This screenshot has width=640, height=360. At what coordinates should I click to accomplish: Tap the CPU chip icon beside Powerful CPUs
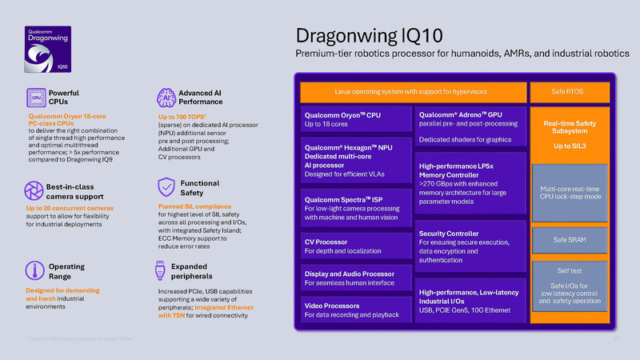pyautogui.click(x=37, y=98)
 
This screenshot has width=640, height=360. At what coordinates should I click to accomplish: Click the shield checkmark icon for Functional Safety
pyautogui.click(x=166, y=187)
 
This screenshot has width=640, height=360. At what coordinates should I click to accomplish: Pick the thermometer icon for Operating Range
pyautogui.click(x=37, y=270)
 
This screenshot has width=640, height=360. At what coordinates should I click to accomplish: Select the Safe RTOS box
pyautogui.click(x=567, y=91)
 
